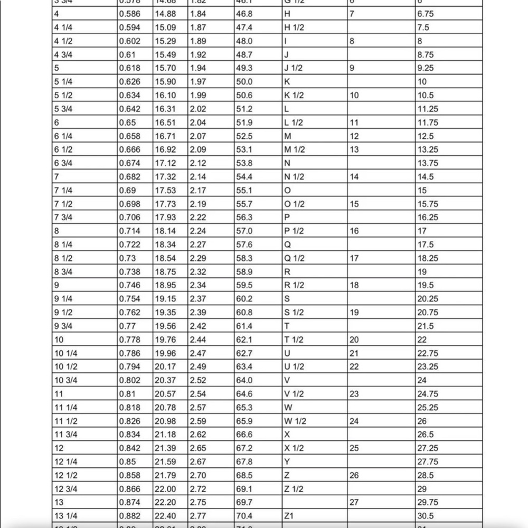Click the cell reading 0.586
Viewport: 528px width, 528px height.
(x=129, y=14)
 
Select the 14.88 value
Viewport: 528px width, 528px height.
(x=165, y=14)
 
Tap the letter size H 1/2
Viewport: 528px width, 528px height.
(x=295, y=27)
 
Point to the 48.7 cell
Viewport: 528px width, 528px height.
(x=243, y=55)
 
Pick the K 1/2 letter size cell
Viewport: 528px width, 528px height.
(x=294, y=96)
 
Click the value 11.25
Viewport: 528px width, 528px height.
(x=427, y=109)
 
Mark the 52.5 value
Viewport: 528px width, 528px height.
(x=243, y=136)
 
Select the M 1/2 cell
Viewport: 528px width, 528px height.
(x=295, y=149)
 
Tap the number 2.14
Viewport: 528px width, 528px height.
(x=197, y=177)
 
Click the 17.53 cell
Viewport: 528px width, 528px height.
(x=165, y=190)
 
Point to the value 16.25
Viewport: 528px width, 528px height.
(x=427, y=218)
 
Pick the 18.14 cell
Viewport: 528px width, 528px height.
(x=165, y=231)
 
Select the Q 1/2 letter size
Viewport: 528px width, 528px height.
(x=295, y=258)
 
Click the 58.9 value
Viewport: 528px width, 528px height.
(x=243, y=272)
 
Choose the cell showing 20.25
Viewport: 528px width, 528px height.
(x=427, y=299)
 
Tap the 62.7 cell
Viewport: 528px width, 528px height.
(x=243, y=353)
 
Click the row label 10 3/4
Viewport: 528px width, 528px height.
(x=66, y=380)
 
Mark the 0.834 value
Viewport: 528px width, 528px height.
(x=129, y=435)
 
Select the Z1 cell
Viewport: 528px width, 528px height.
(x=289, y=516)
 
